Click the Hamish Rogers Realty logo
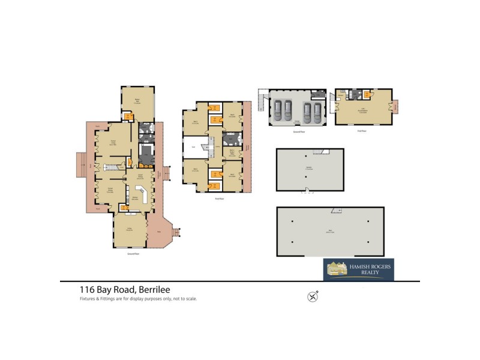[x=359, y=269]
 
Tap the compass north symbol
[x=313, y=295]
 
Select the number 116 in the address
[x=88, y=289]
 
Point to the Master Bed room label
[x=137, y=101]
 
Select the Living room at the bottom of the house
[x=129, y=230]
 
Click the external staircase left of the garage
[x=262, y=100]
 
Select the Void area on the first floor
[x=194, y=146]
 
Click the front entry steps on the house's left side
[x=80, y=164]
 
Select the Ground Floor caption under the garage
[x=296, y=131]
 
